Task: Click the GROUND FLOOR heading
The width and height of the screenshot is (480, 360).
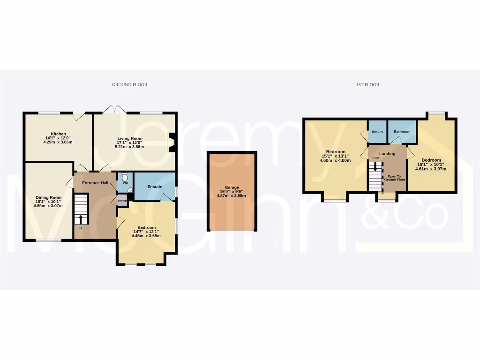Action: point(129,85)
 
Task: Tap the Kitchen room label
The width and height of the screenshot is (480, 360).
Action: point(59,134)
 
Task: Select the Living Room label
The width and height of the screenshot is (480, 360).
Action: point(129,139)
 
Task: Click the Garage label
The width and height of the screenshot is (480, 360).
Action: point(232,187)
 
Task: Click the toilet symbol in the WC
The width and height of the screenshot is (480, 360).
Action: point(125,178)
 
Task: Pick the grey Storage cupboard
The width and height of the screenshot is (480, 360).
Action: point(122,201)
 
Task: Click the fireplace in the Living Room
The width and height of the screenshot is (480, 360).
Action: point(172,142)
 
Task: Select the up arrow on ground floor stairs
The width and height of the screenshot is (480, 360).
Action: point(81,219)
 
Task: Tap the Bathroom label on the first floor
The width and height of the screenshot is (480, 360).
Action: point(402,132)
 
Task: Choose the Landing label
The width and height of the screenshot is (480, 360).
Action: point(387,154)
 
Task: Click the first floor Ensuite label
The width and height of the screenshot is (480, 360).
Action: point(377,132)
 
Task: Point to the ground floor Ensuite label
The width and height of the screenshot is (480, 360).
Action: point(155,187)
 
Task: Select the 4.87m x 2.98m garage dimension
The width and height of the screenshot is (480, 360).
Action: point(232,196)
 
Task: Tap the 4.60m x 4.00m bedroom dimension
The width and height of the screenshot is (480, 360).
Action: point(335,160)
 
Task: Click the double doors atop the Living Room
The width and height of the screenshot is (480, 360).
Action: point(114,109)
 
